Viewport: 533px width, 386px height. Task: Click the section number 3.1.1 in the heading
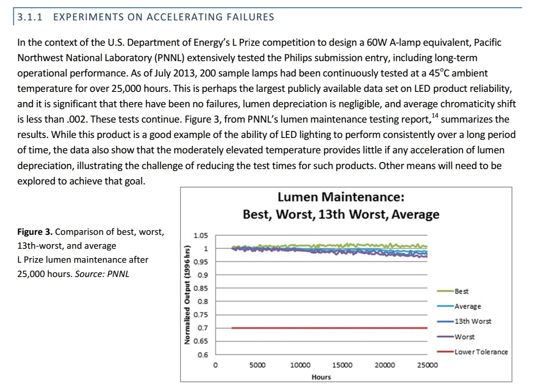[30, 17]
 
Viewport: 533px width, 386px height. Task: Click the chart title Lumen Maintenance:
[341, 197]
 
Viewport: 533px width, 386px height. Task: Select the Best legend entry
[461, 291]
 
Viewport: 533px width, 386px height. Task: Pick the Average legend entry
[468, 306]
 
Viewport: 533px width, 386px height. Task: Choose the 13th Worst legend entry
[473, 321]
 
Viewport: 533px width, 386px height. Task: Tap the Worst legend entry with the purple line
[464, 337]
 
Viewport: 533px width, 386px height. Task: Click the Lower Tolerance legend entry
[481, 352]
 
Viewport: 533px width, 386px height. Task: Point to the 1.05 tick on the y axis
[200, 236]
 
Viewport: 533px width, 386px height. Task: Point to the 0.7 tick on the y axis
[202, 328]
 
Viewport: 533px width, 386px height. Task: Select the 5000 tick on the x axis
[257, 365]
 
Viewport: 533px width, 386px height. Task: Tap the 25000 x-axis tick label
[427, 365]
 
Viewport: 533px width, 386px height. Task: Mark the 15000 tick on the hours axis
[342, 365]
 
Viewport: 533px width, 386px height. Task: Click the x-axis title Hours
[321, 377]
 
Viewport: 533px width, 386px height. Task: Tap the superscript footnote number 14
[435, 115]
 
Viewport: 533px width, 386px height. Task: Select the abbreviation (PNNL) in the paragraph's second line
[169, 58]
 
